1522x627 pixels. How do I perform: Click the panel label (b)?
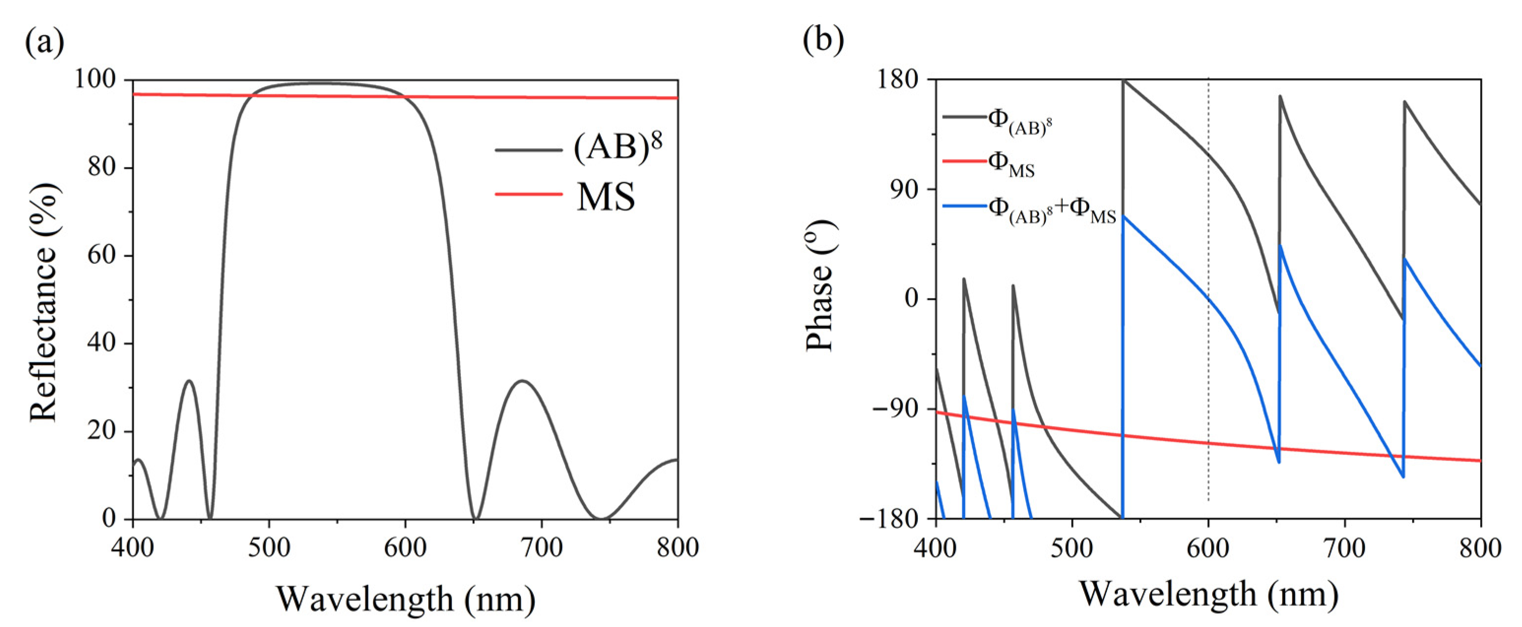click(x=823, y=41)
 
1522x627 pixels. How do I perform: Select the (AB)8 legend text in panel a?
click(x=617, y=148)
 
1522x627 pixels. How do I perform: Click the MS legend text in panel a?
click(x=606, y=197)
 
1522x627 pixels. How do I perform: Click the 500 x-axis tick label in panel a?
click(x=269, y=548)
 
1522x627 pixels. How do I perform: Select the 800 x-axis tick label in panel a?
click(x=677, y=548)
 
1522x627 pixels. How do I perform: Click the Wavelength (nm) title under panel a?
click(x=406, y=598)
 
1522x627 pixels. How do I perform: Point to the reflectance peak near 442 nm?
click(x=189, y=381)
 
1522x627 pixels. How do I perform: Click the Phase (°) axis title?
click(x=821, y=285)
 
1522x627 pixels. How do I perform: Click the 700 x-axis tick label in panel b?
click(x=1345, y=548)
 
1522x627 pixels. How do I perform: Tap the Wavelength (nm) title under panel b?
click(x=1209, y=594)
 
